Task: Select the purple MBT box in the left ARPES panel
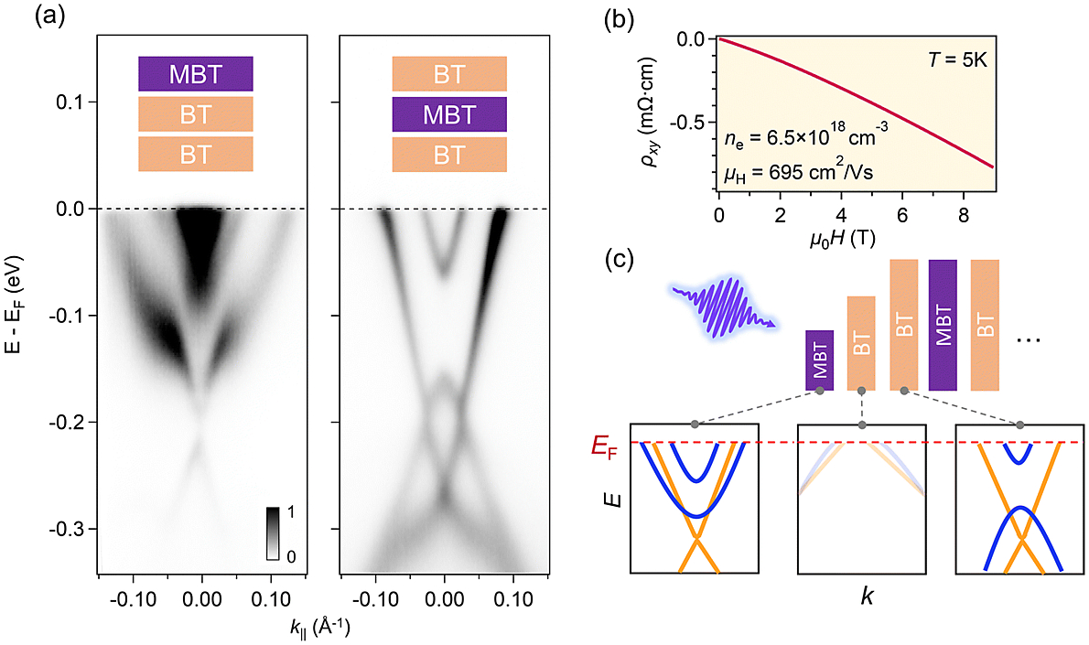[195, 73]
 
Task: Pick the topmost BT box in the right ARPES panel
[449, 73]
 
